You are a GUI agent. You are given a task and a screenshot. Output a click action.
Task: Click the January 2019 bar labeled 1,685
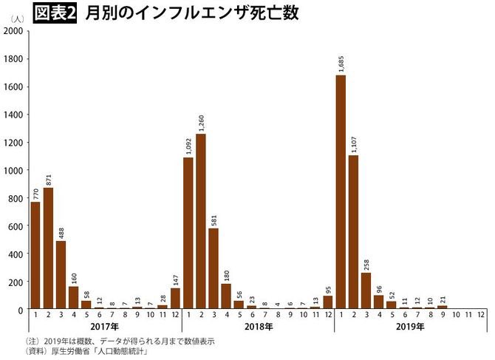point(341,192)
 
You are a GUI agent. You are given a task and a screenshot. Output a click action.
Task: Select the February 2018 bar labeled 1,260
point(200,222)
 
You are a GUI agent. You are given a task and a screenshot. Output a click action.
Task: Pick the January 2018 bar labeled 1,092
point(188,233)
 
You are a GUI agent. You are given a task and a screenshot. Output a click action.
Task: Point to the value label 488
point(61,231)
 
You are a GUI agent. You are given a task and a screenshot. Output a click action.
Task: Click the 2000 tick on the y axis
point(13,31)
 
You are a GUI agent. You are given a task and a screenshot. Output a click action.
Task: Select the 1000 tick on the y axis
point(13,170)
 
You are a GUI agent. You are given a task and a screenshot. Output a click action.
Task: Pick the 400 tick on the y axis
point(16,254)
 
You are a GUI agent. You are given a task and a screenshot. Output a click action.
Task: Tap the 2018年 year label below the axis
point(257,327)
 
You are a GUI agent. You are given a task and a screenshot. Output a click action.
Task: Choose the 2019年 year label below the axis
point(409,327)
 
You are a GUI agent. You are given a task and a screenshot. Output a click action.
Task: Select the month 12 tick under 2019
point(479,316)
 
